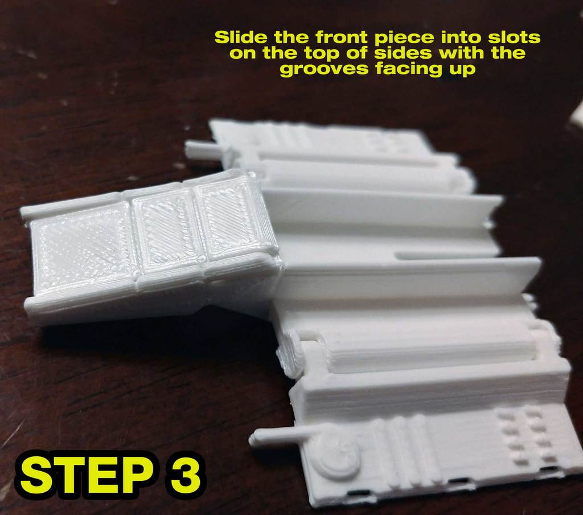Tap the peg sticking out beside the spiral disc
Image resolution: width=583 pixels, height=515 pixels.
(x=279, y=436)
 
